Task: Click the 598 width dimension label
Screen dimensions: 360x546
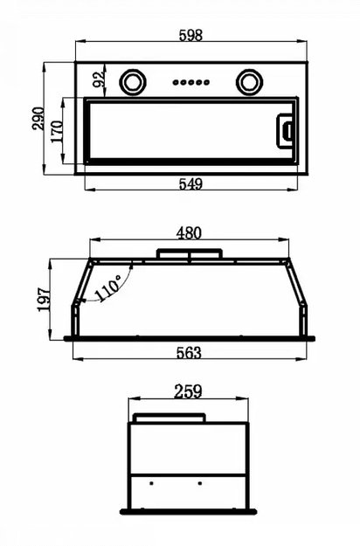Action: pos(190,35)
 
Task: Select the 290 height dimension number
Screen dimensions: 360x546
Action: pos(38,119)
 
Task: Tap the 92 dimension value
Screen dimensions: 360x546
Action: pos(99,79)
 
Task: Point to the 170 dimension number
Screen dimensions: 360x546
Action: pos(57,131)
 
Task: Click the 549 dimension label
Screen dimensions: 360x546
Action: pos(190,183)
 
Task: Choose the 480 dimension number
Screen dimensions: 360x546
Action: pos(189,233)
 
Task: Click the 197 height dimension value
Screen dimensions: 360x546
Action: pos(45,300)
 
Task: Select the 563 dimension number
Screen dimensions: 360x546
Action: pos(189,353)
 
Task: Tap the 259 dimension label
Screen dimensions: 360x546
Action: pos(188,391)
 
